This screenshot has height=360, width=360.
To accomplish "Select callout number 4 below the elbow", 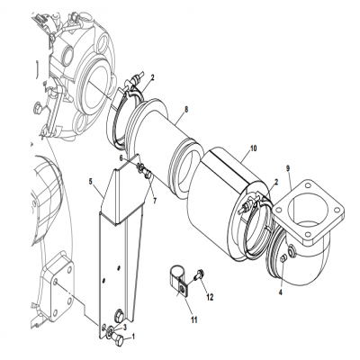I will [281, 292].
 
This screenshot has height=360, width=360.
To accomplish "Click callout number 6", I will [123, 157].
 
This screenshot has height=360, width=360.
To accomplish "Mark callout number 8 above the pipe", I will [185, 110].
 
